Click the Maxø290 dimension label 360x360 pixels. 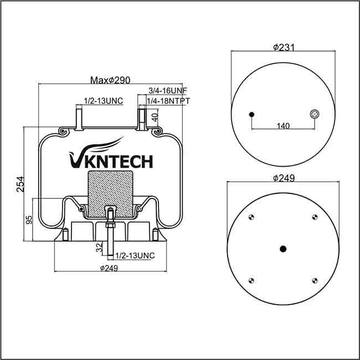pos(110,80)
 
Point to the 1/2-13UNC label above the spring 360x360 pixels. pos(102,100)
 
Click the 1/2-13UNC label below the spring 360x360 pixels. pos(135,255)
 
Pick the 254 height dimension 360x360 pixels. pos(20,184)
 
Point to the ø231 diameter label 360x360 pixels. pos(283,47)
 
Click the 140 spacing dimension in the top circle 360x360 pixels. pos(283,126)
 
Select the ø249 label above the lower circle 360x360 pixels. pos(283,178)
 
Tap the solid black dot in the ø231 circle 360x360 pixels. pos(252,115)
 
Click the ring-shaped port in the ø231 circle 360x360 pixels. pos(315,114)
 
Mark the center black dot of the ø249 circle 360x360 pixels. pos(283,249)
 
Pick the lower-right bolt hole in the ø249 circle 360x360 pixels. pos(315,280)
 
